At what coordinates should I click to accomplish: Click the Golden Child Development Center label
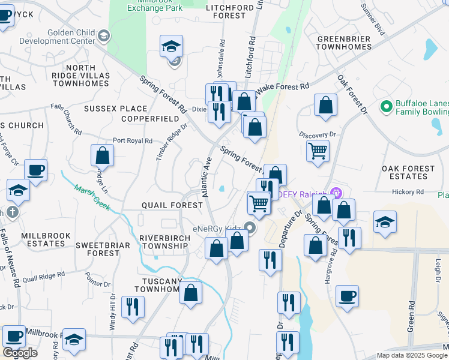[57, 37]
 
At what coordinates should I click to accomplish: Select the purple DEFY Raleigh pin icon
[335, 193]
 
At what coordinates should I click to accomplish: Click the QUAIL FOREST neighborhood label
[172, 205]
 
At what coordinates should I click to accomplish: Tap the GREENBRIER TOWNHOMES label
[344, 41]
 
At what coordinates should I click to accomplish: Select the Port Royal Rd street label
[133, 140]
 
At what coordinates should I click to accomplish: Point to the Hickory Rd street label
[408, 192]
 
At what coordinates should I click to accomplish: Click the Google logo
[20, 353]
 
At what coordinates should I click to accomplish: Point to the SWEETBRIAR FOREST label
[98, 249]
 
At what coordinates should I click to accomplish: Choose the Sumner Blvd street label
[372, 20]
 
